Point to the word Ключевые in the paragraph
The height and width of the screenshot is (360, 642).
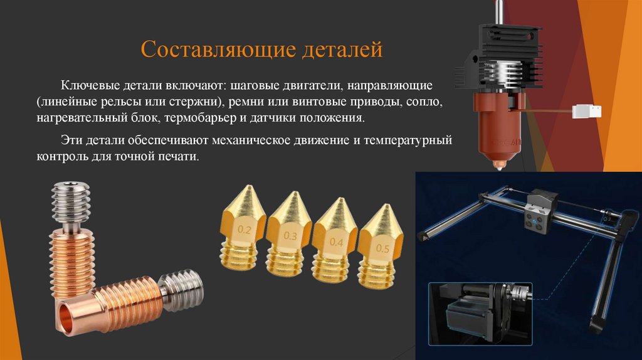coord(87,84)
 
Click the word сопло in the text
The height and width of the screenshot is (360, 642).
coord(428,101)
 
